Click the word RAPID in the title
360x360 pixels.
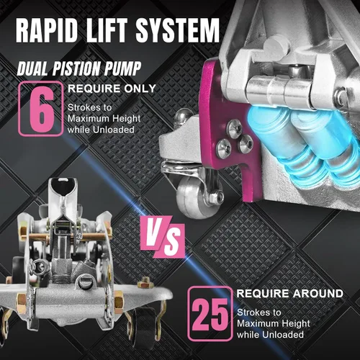coord(47,30)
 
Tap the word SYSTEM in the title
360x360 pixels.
coord(178,30)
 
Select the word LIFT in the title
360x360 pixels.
coord(107,30)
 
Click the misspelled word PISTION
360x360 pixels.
coord(76,68)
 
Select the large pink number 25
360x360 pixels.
coord(210,315)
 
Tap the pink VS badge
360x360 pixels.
coord(163,236)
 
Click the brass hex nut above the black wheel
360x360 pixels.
coord(145,284)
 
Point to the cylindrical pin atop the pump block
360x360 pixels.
coord(276,46)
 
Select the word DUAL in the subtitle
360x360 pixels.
coord(33,68)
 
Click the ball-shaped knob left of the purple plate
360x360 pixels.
coord(182,116)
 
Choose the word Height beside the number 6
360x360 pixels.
coord(127,119)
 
